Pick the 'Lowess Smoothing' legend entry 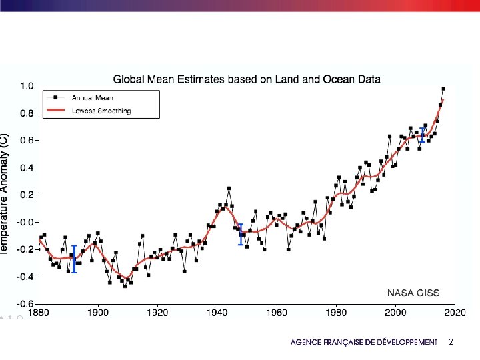pyautogui.click(x=101, y=111)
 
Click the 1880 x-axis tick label pyautogui.click(x=39, y=311)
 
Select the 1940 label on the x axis pyautogui.click(x=217, y=311)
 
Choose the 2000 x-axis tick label pyautogui.click(x=395, y=311)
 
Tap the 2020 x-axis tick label pyautogui.click(x=455, y=311)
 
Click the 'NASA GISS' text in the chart pyautogui.click(x=413, y=293)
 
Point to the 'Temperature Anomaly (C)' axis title pyautogui.click(x=5, y=193)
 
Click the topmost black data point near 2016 pyautogui.click(x=443, y=89)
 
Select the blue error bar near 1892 pyautogui.click(x=74, y=259)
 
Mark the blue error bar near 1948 pyautogui.click(x=241, y=235)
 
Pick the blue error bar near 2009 pyautogui.click(x=422, y=135)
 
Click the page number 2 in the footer pyautogui.click(x=451, y=341)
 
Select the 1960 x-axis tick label pyautogui.click(x=276, y=311)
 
